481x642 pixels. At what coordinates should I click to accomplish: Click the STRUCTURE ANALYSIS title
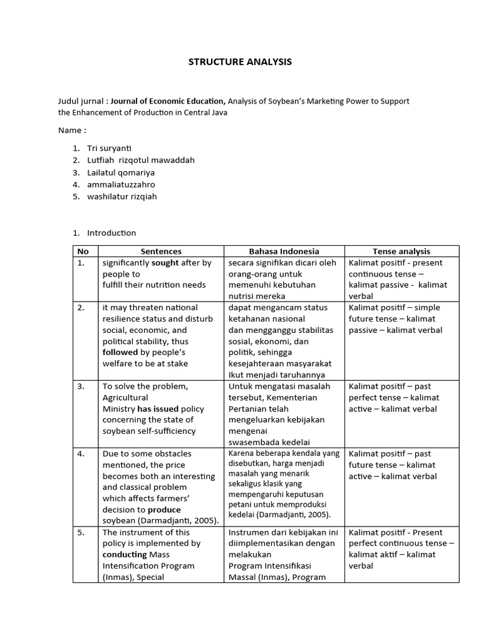click(x=240, y=62)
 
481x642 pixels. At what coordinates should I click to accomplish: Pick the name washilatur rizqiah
click(x=122, y=196)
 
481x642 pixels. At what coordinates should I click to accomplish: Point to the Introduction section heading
click(x=111, y=233)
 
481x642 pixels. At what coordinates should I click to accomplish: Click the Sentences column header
click(x=161, y=251)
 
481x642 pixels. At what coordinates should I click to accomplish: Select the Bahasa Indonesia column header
click(x=284, y=251)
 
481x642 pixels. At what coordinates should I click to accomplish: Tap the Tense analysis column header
click(x=401, y=251)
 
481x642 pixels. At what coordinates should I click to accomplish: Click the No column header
click(x=83, y=251)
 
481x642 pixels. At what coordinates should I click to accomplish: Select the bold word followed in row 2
click(x=120, y=352)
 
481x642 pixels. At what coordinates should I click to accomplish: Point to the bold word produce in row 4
click(x=164, y=510)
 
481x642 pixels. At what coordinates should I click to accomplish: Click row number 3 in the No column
click(x=81, y=386)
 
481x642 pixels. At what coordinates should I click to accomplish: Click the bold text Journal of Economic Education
click(x=168, y=101)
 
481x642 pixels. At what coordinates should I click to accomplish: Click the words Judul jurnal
click(x=81, y=101)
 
